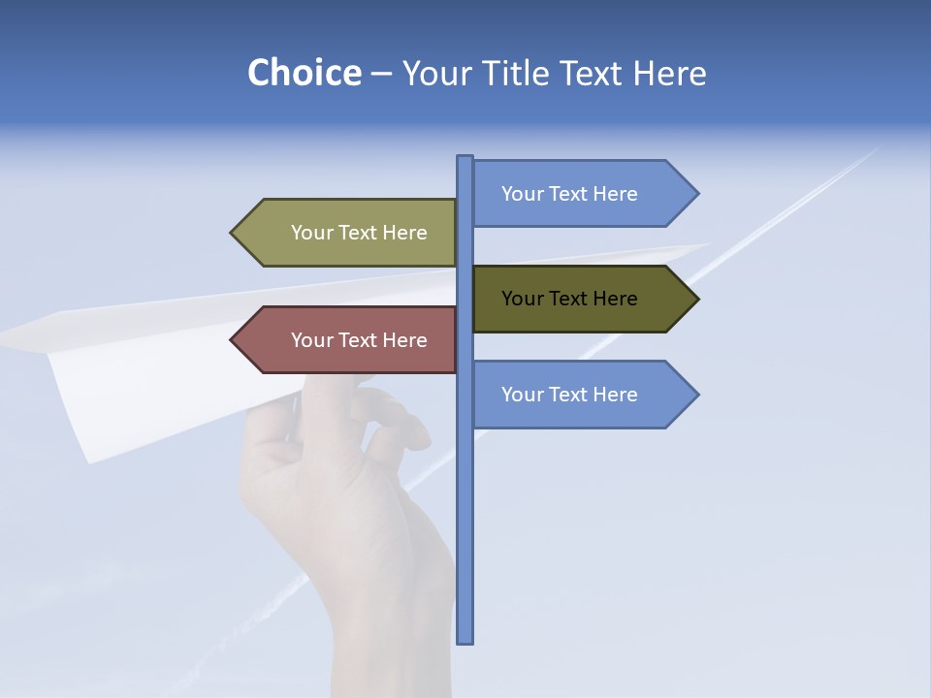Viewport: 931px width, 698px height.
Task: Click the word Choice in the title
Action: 304,74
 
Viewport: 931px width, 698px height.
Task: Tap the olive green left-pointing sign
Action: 359,233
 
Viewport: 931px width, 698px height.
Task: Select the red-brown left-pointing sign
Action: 359,340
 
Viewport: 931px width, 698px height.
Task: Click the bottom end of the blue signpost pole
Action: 465,640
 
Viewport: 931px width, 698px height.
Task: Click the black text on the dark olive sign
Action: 569,299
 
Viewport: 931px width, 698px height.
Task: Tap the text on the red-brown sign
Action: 359,340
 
